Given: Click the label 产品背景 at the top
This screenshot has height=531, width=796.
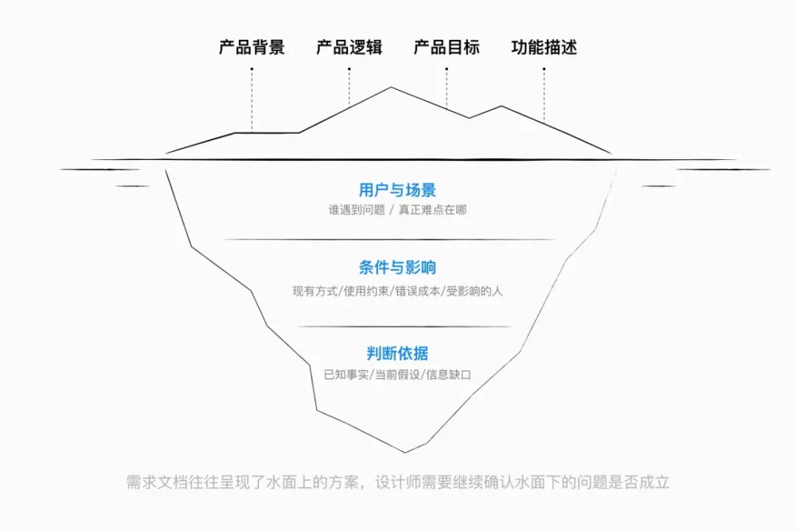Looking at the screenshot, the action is [x=252, y=47].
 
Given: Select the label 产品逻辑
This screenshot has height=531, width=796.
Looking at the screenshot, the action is [x=349, y=47].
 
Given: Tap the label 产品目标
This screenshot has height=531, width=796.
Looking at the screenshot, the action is [x=447, y=47].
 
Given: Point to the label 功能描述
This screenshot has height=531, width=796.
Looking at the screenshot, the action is [x=544, y=47].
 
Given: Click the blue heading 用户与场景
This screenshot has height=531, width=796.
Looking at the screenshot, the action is [x=397, y=189].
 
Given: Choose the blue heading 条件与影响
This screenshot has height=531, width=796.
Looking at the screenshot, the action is [x=397, y=267].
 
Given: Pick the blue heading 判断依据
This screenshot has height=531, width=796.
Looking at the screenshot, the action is [x=397, y=353].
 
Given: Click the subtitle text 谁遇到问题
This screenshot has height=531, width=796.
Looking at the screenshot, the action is [x=357, y=209].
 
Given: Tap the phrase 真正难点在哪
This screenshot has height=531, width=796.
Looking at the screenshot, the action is [x=432, y=209].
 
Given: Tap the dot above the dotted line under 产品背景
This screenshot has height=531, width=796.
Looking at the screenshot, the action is [x=252, y=69].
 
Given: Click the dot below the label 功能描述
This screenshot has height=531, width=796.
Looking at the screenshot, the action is [x=544, y=69].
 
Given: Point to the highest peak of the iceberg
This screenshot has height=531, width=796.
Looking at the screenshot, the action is [x=391, y=88].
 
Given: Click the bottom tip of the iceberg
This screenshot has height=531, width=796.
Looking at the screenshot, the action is [x=405, y=452].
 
